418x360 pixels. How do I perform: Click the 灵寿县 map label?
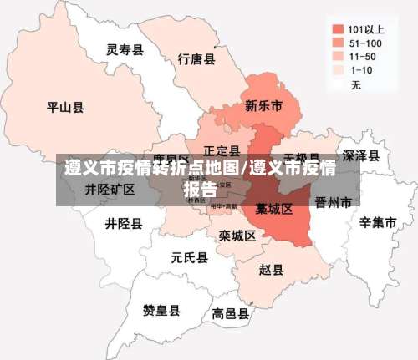(x=125, y=50)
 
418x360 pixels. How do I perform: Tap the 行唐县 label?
(x=196, y=59)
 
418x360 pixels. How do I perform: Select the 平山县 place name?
(x=64, y=107)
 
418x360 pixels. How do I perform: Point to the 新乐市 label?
(x=263, y=106)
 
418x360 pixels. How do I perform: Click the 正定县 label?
(x=222, y=151)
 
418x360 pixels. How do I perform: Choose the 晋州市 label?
(x=334, y=202)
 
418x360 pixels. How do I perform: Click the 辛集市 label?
(x=378, y=223)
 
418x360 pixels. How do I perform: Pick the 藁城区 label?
(x=273, y=208)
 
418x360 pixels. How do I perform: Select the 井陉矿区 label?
(x=110, y=190)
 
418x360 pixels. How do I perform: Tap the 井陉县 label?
(x=123, y=224)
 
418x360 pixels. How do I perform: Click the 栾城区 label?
(x=237, y=236)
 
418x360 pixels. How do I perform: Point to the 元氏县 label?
(x=189, y=257)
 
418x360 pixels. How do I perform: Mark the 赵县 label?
(x=271, y=270)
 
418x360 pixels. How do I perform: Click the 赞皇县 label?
(x=161, y=311)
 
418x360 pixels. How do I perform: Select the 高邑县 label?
(x=230, y=314)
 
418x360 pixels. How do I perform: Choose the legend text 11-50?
(x=361, y=56)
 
